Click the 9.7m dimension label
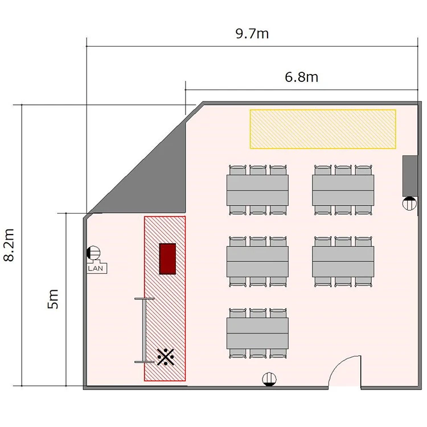pos(252,34)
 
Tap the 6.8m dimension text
pos(301,77)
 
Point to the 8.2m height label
pos(9,245)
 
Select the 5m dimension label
pos(53,299)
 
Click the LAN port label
pos(96,268)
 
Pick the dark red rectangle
pos(167,258)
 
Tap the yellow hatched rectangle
pos(323,129)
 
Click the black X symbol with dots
pos(166,357)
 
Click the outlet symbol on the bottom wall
pos(269,379)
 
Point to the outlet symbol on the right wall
pos(409,203)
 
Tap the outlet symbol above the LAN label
pos(93,253)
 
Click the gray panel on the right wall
pos(410,176)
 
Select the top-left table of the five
pos(257,190)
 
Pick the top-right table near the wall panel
pos(343,190)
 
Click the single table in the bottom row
pos(257,333)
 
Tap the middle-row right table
pos(343,261)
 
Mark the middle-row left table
pos(257,261)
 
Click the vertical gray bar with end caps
pos(144,331)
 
